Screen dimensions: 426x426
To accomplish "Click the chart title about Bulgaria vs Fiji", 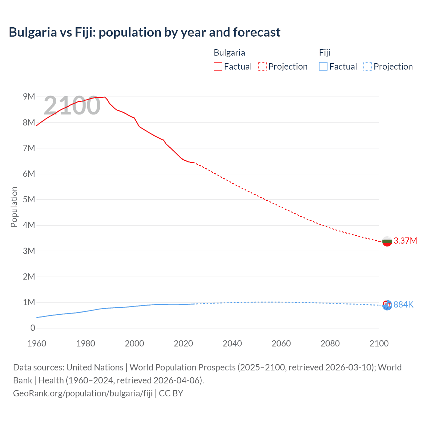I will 144,32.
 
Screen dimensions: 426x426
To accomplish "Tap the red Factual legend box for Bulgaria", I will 218,66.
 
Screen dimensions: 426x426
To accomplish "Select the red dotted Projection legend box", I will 262,66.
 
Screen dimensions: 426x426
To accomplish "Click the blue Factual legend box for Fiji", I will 323,66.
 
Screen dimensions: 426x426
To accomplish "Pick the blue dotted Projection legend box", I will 367,66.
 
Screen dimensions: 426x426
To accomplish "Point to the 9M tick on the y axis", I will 29,97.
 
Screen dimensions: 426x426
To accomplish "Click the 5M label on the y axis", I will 29,199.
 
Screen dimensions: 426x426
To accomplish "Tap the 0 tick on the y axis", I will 33,328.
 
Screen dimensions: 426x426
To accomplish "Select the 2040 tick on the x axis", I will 232,343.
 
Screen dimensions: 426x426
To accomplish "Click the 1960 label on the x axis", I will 37,343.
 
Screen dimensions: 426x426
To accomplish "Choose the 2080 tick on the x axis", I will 330,343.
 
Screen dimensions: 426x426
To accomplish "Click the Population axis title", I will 14,207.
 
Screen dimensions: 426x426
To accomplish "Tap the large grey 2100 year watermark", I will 72,106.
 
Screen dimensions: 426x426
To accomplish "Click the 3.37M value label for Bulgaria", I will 405,241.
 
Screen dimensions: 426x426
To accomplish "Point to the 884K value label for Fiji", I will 403,305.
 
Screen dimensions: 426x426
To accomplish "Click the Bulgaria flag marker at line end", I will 387,241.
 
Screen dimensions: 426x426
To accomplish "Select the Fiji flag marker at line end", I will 387,305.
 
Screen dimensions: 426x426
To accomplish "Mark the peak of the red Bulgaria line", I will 105,97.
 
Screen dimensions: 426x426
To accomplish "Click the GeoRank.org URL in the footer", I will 83,393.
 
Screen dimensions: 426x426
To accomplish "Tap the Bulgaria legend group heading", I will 229,53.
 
